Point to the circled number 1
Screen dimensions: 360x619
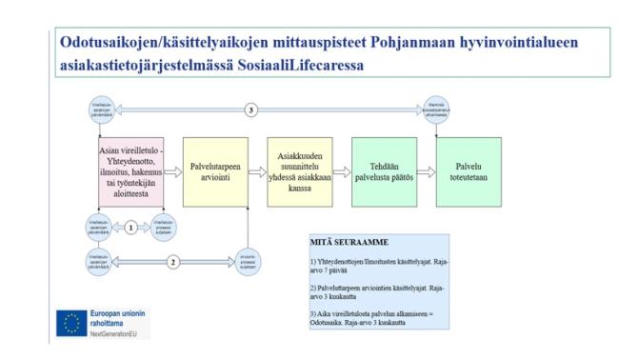pyautogui.click(x=130, y=229)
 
